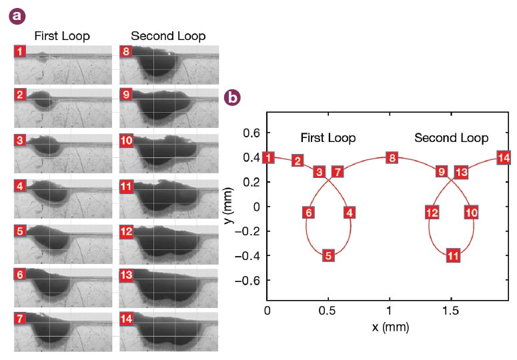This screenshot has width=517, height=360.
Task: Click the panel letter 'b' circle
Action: click(x=233, y=97)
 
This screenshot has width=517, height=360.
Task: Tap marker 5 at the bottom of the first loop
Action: click(x=328, y=255)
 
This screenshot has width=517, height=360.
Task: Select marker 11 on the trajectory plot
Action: click(x=453, y=255)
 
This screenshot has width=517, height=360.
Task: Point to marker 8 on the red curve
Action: click(x=392, y=158)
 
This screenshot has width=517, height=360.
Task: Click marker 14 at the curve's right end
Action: click(x=504, y=158)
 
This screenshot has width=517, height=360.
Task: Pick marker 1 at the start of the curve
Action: click(x=268, y=158)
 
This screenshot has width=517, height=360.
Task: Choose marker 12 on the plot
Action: click(x=432, y=213)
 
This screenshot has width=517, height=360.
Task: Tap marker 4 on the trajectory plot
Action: click(x=349, y=213)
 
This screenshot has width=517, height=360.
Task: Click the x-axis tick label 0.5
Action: click(x=328, y=311)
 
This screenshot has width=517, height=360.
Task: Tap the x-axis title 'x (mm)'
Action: click(x=390, y=327)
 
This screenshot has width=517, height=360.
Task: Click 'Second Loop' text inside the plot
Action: click(x=451, y=138)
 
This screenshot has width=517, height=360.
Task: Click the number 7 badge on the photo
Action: click(x=21, y=318)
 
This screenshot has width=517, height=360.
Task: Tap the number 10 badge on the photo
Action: click(x=127, y=141)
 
